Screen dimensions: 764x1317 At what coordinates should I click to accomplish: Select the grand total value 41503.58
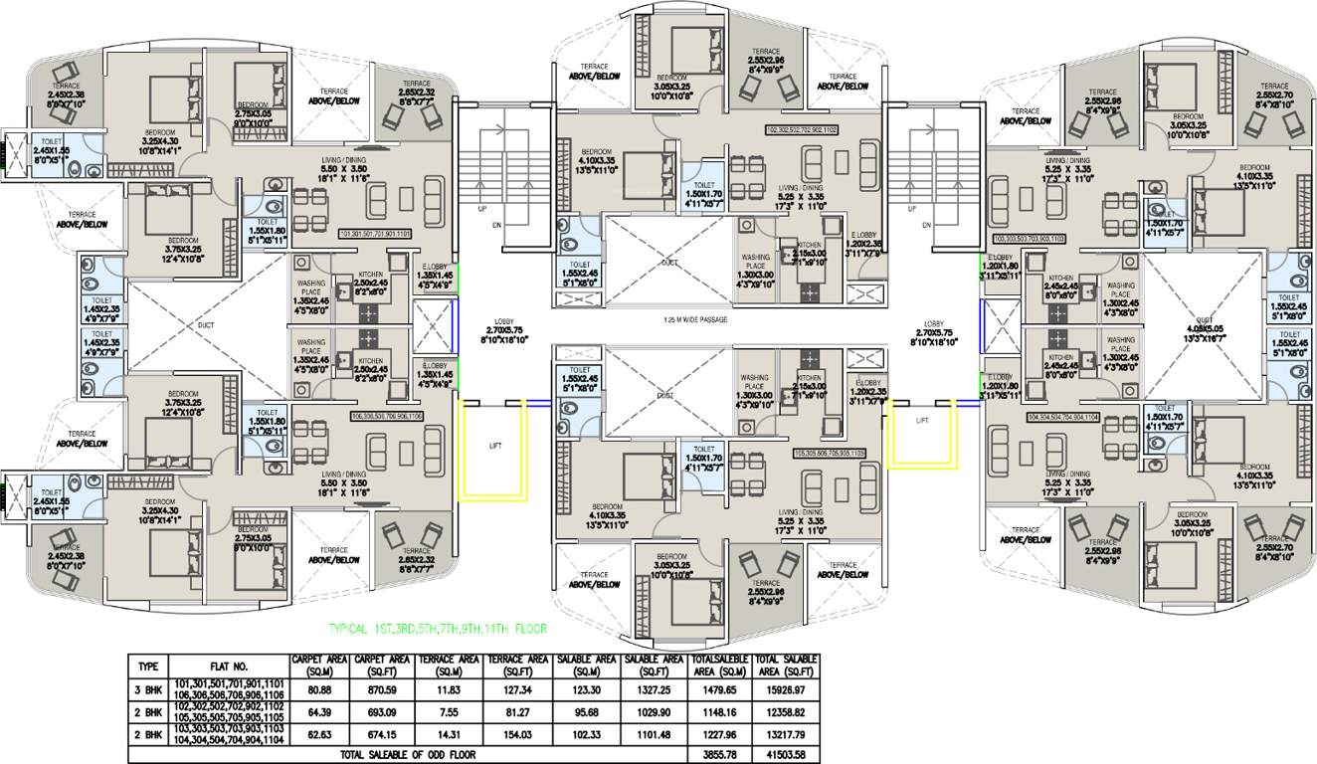tap(786, 756)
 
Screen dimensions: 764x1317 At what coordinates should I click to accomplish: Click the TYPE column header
tap(148, 666)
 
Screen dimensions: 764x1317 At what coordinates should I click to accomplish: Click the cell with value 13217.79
tap(786, 737)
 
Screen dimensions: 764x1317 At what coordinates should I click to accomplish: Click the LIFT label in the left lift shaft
tap(494, 447)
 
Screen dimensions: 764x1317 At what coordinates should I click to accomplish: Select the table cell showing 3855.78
tap(718, 756)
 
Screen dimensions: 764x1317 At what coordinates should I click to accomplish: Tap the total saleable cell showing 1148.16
tap(718, 713)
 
